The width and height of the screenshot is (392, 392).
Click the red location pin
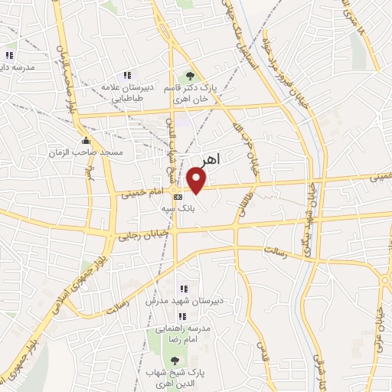point(198,180)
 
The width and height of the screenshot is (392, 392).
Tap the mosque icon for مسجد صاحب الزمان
point(86,141)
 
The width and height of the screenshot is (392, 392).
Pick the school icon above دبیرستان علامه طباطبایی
point(127,74)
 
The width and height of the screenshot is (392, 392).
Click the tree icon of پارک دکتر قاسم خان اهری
point(190,75)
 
